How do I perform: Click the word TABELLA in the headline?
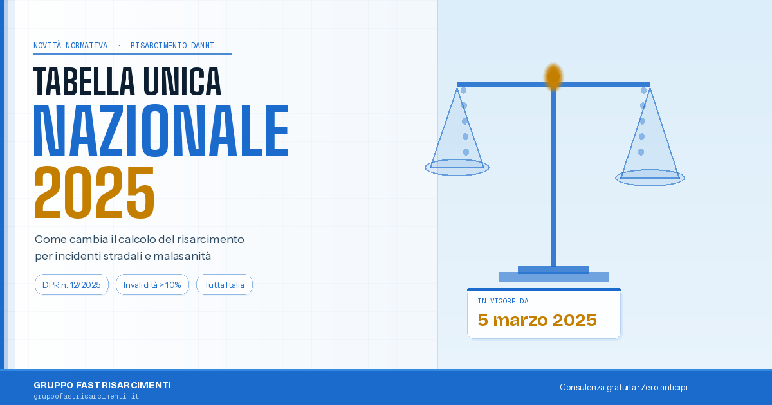click(84, 82)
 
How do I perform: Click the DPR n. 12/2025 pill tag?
click(71, 285)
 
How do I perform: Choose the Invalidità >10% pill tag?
click(152, 285)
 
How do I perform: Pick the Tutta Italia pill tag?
click(224, 285)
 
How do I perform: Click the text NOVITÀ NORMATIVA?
click(71, 46)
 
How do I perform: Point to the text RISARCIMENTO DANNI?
click(172, 46)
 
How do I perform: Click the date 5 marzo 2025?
click(537, 320)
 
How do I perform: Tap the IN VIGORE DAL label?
click(504, 301)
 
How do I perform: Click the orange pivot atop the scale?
click(553, 76)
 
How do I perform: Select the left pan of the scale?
click(457, 167)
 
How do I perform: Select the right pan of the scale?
click(650, 177)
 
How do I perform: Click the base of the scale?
click(553, 276)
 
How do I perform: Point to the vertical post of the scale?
click(553, 180)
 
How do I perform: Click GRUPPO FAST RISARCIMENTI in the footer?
click(102, 385)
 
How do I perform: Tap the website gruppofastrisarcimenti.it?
click(86, 397)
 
